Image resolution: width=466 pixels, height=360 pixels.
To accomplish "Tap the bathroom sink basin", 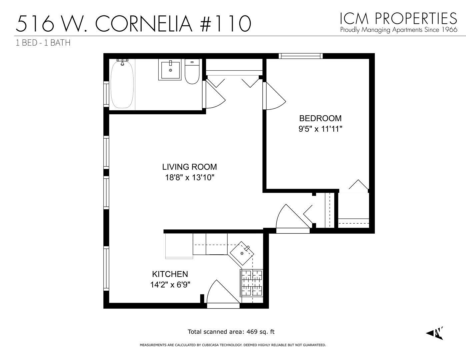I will pos(170,70).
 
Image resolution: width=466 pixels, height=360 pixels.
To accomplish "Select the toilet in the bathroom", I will pos(192,72).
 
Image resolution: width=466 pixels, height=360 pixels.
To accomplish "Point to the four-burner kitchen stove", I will pos(252,283).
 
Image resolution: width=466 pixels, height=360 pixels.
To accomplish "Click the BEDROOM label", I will pos(320,118).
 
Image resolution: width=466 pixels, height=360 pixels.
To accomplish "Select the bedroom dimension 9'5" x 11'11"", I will pos(320,129).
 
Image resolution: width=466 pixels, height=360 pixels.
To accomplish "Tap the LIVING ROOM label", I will pos(189,167).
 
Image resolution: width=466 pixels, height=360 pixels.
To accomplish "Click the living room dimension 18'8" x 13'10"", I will pos(189,177).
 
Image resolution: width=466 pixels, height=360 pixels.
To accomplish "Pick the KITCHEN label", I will pos(170,274).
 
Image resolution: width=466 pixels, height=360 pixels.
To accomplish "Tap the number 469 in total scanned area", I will pos(252,332).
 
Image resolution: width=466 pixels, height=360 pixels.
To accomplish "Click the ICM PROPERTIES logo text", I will pos(398,18).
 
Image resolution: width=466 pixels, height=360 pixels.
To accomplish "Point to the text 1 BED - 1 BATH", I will pos(43,43).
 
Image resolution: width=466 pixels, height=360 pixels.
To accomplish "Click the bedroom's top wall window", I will pos(301,56).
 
